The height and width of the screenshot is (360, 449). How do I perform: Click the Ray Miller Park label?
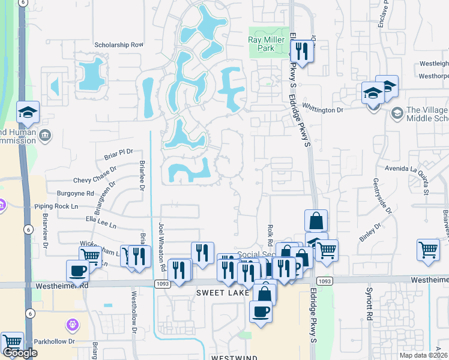coord(266,44)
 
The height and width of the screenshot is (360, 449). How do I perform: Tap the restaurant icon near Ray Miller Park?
coord(302,52)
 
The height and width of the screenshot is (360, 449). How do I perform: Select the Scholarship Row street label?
coord(119,44)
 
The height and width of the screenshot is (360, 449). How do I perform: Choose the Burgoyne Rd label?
coord(76,194)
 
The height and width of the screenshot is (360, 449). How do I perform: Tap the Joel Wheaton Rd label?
coord(161,242)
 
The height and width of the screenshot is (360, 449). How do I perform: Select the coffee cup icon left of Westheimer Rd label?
coord(77,271)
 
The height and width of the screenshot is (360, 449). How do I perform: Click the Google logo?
coord(20,353)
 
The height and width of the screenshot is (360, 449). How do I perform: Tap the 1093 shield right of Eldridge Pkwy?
coord(324,281)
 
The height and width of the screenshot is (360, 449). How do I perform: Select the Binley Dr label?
coord(370,233)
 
